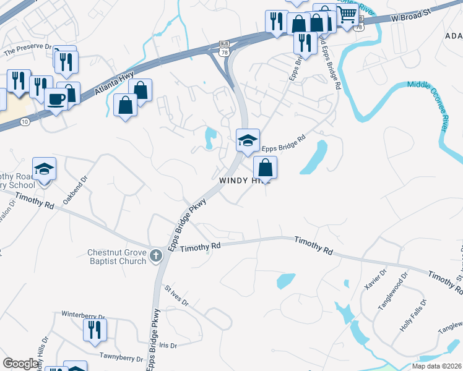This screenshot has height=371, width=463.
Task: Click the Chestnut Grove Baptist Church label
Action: [116, 257]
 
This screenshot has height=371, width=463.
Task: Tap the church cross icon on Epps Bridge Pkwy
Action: [155, 254]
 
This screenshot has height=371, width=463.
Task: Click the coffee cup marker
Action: [56, 99]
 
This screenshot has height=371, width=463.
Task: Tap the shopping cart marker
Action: [348, 14]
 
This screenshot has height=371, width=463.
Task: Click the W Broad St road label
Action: [410, 18]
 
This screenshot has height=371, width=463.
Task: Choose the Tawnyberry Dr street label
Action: [121, 358]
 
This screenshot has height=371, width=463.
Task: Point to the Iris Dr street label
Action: [168, 345]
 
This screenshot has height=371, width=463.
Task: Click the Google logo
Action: [20, 364]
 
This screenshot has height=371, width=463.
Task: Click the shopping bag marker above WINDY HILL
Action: [265, 167]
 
